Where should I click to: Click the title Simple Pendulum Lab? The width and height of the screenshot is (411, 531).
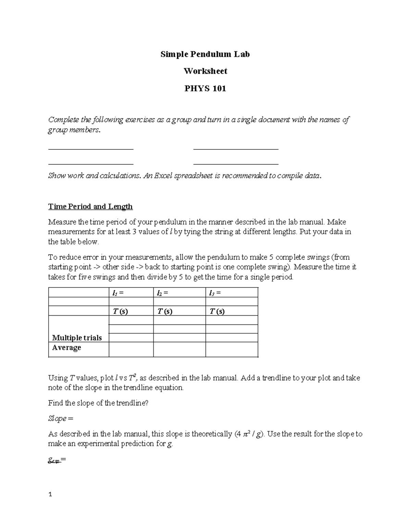(205, 54)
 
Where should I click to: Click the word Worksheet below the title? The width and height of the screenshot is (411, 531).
(205, 71)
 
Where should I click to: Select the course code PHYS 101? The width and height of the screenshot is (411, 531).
(205, 89)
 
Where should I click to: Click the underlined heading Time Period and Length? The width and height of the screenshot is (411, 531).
(90, 207)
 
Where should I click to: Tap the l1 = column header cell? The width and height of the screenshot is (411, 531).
(131, 293)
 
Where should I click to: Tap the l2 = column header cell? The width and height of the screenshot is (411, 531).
(179, 293)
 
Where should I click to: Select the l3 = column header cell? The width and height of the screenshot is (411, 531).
(232, 293)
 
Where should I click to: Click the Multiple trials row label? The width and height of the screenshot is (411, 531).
(77, 338)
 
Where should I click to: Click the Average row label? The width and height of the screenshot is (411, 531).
(66, 347)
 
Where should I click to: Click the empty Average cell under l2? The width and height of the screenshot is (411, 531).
(179, 349)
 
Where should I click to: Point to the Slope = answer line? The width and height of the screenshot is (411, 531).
(61, 419)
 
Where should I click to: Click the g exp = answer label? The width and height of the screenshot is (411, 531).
(57, 461)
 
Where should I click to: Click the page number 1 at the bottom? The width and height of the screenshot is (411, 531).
(50, 494)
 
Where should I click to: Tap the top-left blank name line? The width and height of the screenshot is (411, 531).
(91, 149)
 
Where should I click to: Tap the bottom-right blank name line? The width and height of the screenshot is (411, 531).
(236, 164)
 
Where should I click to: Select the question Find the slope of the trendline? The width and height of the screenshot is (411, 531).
(98, 403)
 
